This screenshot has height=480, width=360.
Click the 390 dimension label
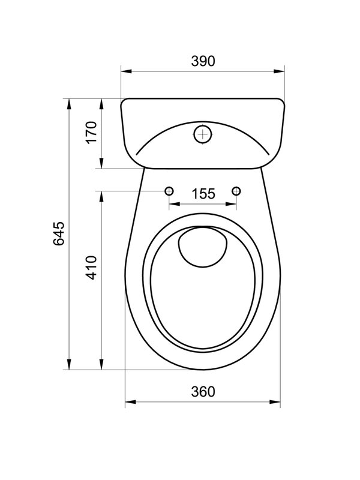coord(203,61)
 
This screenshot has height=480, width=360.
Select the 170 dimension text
coord(92,132)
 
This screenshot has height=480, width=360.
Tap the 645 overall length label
coord(59,233)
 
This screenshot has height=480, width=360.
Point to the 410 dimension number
coord(92,268)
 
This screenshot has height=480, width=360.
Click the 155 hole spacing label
coord(203,194)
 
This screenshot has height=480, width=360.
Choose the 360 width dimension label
coord(203,392)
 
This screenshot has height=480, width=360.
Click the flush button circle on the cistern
coord(203,134)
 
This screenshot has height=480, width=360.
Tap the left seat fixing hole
coord(169,191)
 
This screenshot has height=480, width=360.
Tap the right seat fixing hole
coord(236,191)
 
